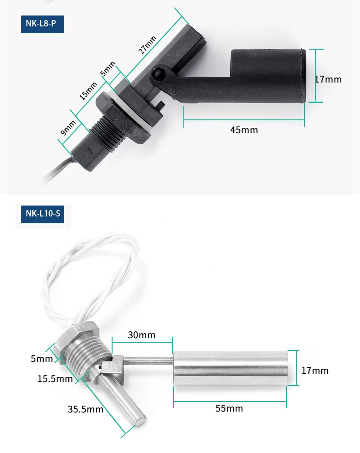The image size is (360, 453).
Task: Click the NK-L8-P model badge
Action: coord(42,24)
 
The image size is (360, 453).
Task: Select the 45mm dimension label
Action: coord(244,130)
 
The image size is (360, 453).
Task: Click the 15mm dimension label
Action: coord(88,91)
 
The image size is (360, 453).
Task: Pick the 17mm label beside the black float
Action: coord(328,79)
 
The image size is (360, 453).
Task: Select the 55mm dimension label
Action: coord(229,408)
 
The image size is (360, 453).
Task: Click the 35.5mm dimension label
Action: coord(86,409)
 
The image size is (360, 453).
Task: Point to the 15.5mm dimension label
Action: coord(55,379)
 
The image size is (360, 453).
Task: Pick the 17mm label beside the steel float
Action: coord(315,371)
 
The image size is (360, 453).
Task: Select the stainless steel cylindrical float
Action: coord(230,367)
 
